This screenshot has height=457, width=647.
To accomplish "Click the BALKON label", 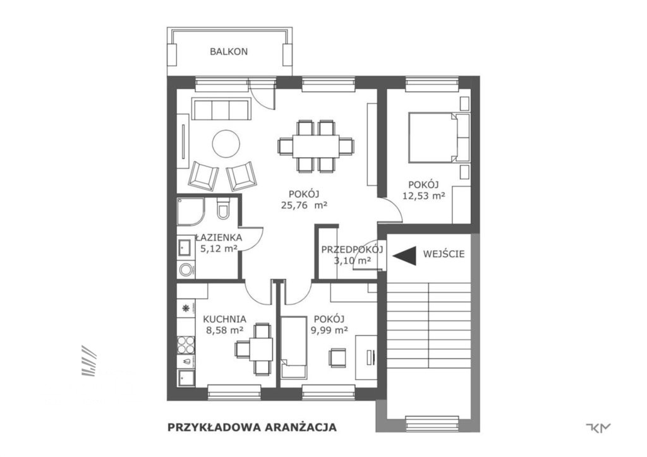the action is coord(229,52).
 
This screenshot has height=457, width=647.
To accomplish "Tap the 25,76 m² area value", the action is coord(304,206).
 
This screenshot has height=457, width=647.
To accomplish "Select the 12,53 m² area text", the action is coord(423,196).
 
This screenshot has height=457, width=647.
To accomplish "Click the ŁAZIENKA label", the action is coord(219,237).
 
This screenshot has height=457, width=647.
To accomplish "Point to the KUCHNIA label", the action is coord(224,319).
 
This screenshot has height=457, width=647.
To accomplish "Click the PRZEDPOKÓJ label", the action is coord(353,249).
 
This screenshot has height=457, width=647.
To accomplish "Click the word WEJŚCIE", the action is coord(444,253).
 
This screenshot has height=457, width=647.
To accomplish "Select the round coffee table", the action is coord(226,144).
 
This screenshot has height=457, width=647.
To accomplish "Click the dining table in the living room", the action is coord(316,146).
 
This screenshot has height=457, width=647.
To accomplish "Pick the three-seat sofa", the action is coord(222,109).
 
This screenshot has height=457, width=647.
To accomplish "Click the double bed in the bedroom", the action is coord(439,137).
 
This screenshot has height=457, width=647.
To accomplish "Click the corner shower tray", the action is coord(191,211).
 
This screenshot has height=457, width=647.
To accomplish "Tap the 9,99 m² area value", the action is coord(329,329).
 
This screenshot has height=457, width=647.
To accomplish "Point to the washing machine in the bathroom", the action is coord(186,270).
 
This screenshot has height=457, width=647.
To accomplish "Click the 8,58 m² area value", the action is coord(224,329).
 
